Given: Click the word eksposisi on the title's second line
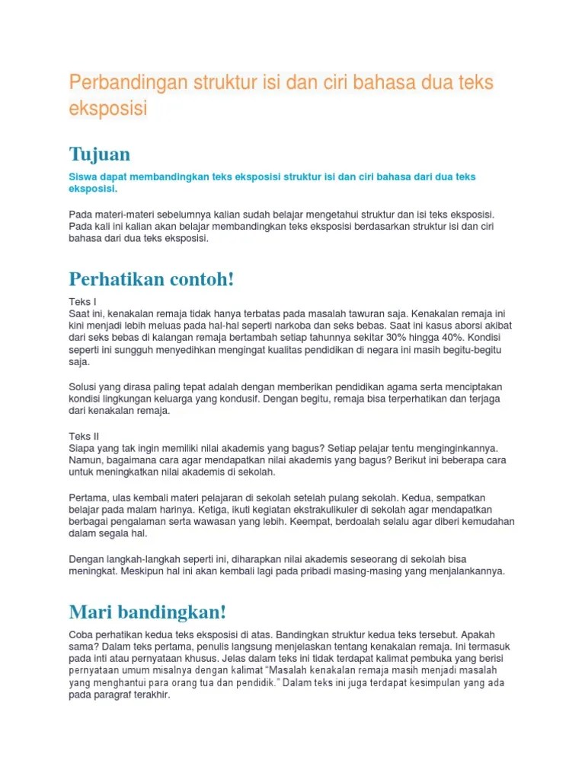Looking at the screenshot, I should (108, 109).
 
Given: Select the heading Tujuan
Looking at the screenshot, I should (99, 154).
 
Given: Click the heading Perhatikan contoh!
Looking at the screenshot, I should (152, 279).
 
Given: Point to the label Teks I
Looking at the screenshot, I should (82, 301).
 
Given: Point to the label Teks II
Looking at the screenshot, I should (84, 436).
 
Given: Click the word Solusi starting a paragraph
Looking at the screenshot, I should (85, 386).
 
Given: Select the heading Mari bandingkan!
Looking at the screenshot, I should (148, 612).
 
